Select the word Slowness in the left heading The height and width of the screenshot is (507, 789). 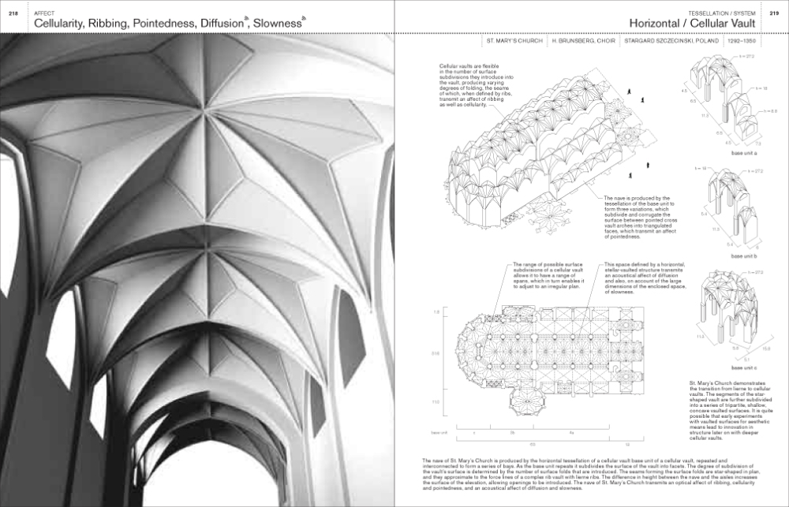click(275, 24)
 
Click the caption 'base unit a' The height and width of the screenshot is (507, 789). click(743, 153)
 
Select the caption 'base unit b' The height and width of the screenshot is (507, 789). click(743, 257)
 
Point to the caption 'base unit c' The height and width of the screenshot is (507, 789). click(743, 368)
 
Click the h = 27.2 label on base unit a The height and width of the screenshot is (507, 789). click(745, 57)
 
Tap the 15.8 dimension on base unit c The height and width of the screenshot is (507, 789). click(765, 348)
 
